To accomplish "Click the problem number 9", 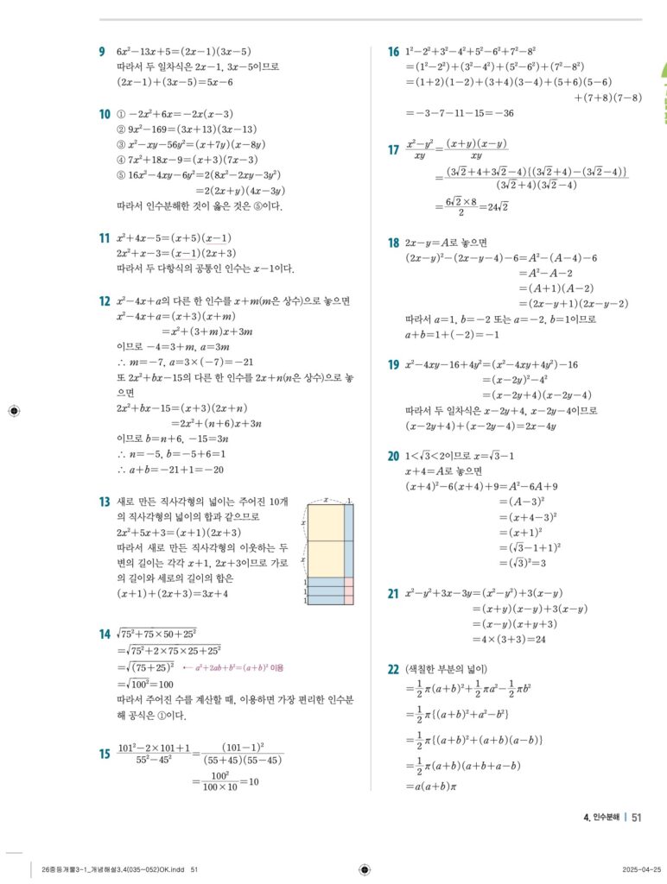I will coord(103,52).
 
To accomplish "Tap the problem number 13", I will coord(104,502).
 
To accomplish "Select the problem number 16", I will coord(393,53).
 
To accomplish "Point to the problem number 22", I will coord(393,669).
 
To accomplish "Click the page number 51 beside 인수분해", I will coord(637,818).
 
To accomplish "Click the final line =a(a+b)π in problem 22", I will coord(437,786).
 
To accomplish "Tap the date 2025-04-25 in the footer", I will coord(642,869).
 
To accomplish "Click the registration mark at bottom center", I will coord(364,869).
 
